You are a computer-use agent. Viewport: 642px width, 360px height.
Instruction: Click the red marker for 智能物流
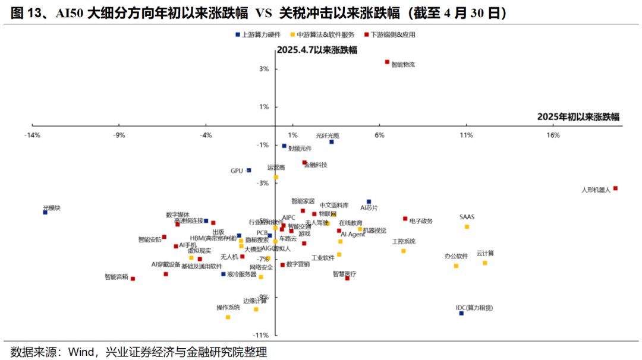click(387, 62)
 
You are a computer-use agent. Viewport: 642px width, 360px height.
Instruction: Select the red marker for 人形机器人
click(615, 188)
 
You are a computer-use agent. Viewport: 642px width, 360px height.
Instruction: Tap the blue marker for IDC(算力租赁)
click(461, 313)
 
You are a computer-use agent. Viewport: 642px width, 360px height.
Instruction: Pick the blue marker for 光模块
click(45, 212)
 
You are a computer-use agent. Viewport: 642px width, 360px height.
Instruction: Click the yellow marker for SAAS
click(467, 226)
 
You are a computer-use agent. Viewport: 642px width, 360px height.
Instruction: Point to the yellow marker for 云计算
click(484, 263)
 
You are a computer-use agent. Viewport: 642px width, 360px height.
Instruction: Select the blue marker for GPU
click(248, 170)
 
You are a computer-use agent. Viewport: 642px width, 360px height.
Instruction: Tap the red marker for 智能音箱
click(133, 279)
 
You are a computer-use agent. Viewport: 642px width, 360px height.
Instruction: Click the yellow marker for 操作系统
click(228, 317)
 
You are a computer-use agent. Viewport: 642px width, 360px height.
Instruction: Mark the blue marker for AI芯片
click(369, 202)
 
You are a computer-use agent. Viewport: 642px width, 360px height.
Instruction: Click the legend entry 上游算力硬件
click(257, 35)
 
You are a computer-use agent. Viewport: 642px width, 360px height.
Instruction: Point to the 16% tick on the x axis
click(553, 135)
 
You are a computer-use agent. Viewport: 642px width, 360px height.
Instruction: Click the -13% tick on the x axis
click(32, 135)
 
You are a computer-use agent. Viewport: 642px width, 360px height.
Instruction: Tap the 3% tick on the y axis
click(264, 69)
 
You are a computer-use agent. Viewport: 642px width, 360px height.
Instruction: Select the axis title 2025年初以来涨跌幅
click(578, 117)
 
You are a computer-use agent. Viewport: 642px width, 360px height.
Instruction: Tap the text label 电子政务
click(421, 221)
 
